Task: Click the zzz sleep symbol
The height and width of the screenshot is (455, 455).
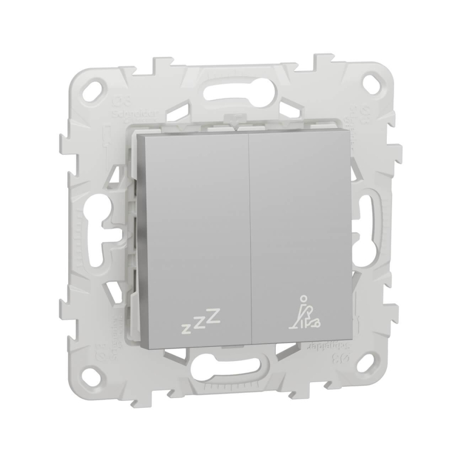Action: click(200, 324)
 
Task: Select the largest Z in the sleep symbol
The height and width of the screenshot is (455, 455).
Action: click(213, 319)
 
